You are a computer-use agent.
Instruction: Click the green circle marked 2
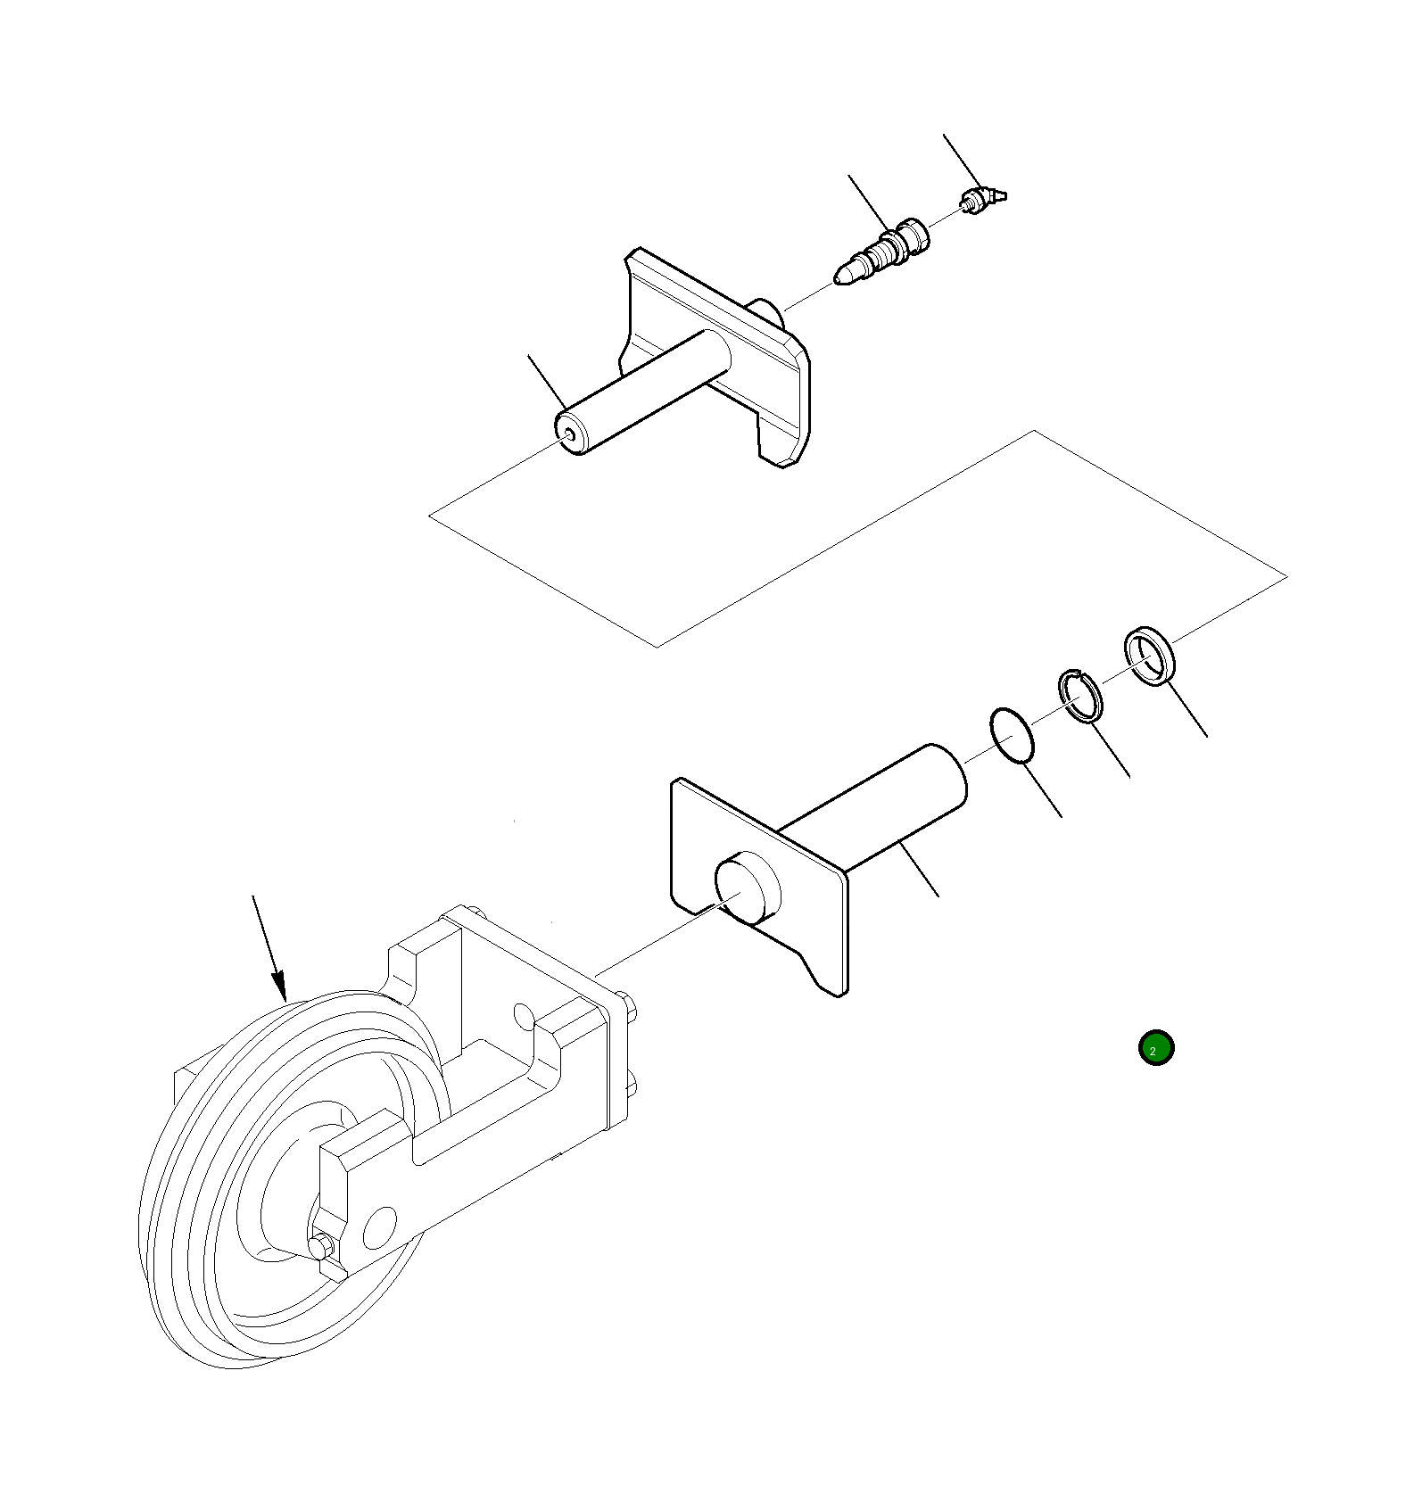pos(1155,1048)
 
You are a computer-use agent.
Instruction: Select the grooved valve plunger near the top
pos(888,251)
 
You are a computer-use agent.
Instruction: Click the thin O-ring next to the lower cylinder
pos(1012,737)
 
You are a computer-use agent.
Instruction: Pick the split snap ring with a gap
pos(1080,696)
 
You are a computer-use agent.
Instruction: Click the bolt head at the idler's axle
pos(324,1245)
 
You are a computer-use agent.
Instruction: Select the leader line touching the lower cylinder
pos(919,869)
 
